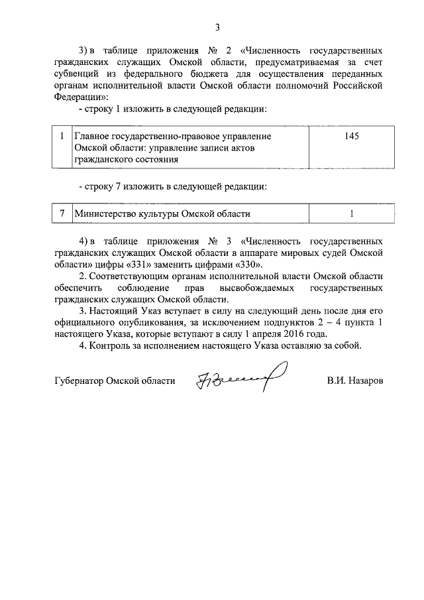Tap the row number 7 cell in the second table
click(62, 213)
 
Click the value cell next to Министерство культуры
click(351, 213)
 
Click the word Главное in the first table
click(91, 136)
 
